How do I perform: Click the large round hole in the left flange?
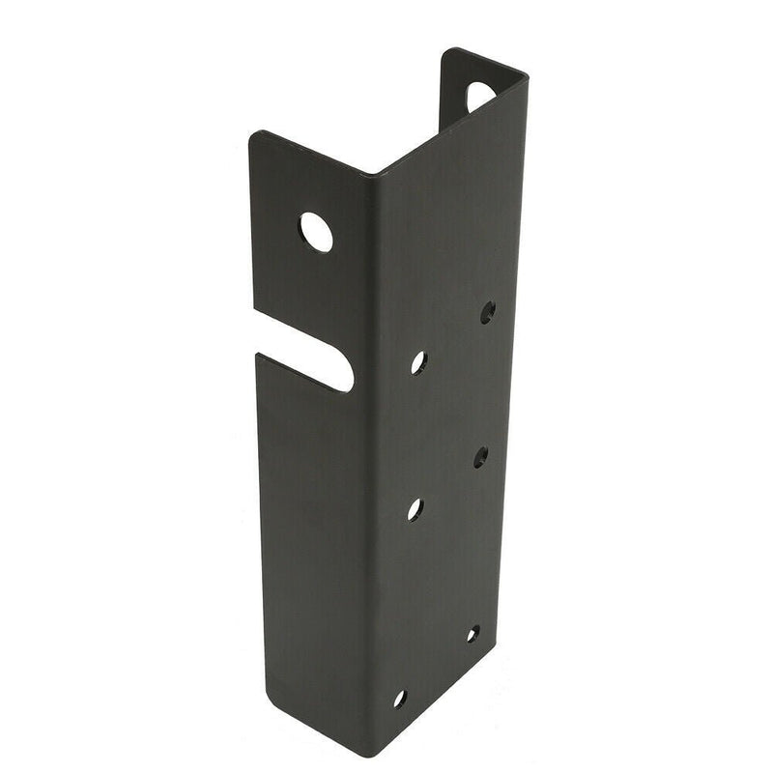[x=316, y=232]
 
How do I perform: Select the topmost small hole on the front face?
[x=488, y=312]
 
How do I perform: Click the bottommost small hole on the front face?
[x=399, y=698]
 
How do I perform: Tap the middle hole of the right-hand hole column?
[x=480, y=457]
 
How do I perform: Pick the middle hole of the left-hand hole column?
[x=415, y=509]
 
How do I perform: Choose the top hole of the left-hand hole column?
[x=418, y=362]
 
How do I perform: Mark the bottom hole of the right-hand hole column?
[x=472, y=634]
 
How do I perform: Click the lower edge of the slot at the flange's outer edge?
[x=259, y=357]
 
